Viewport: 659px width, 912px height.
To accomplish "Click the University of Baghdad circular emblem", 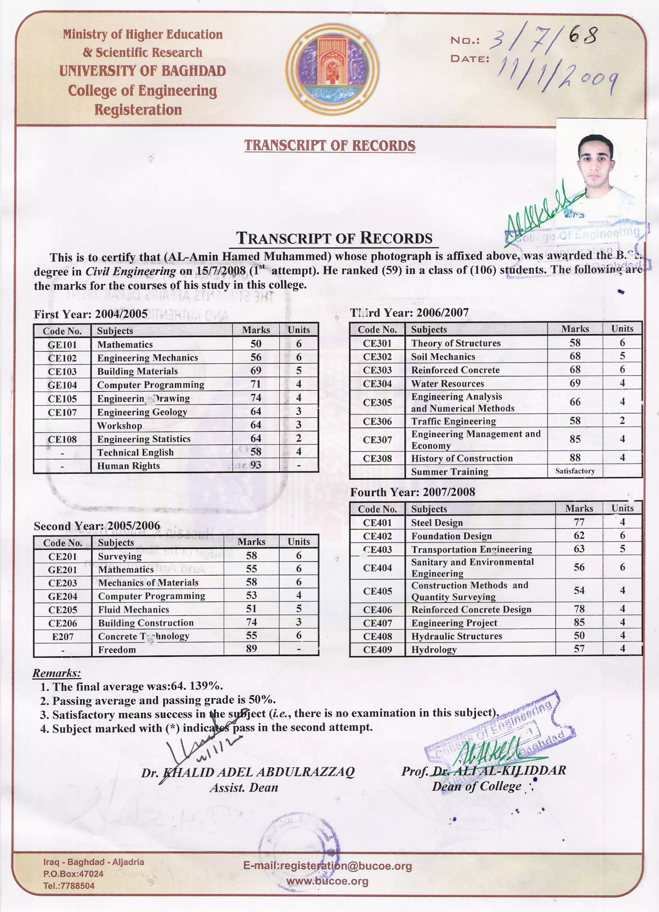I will coord(332,69).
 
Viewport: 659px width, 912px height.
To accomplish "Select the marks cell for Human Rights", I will coord(255,465).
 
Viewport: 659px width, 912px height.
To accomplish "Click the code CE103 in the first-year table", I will coord(62,371).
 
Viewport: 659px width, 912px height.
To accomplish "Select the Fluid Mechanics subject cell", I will coord(133,609).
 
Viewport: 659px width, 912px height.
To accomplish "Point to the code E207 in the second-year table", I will coord(63,636).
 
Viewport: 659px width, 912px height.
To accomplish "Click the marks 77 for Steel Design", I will coord(579,522).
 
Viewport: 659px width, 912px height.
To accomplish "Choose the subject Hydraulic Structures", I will coord(456,636).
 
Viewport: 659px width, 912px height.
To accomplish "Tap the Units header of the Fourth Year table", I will coord(622,508).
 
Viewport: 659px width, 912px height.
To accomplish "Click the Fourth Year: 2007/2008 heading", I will coord(413,492).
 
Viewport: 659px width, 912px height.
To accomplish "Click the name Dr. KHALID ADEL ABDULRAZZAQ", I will coord(247,772).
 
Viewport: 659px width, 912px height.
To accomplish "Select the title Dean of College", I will coord(476,786).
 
